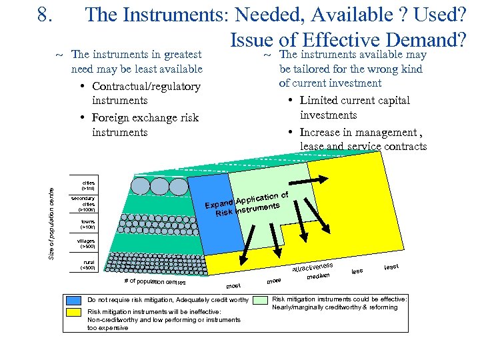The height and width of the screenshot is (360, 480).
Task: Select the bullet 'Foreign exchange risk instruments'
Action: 145,125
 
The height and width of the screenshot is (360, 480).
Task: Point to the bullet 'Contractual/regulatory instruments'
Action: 145,93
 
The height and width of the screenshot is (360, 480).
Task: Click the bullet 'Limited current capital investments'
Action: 355,107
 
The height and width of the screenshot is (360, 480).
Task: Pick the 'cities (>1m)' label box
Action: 88,184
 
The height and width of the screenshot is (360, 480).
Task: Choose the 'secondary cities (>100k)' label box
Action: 87,204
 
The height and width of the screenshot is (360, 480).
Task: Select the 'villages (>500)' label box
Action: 87,243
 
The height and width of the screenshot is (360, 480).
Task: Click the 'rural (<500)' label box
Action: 87,265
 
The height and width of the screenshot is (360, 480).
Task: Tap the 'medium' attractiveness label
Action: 319,275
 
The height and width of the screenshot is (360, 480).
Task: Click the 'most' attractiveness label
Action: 233,285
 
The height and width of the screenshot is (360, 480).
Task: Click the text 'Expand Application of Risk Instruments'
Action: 246,204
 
